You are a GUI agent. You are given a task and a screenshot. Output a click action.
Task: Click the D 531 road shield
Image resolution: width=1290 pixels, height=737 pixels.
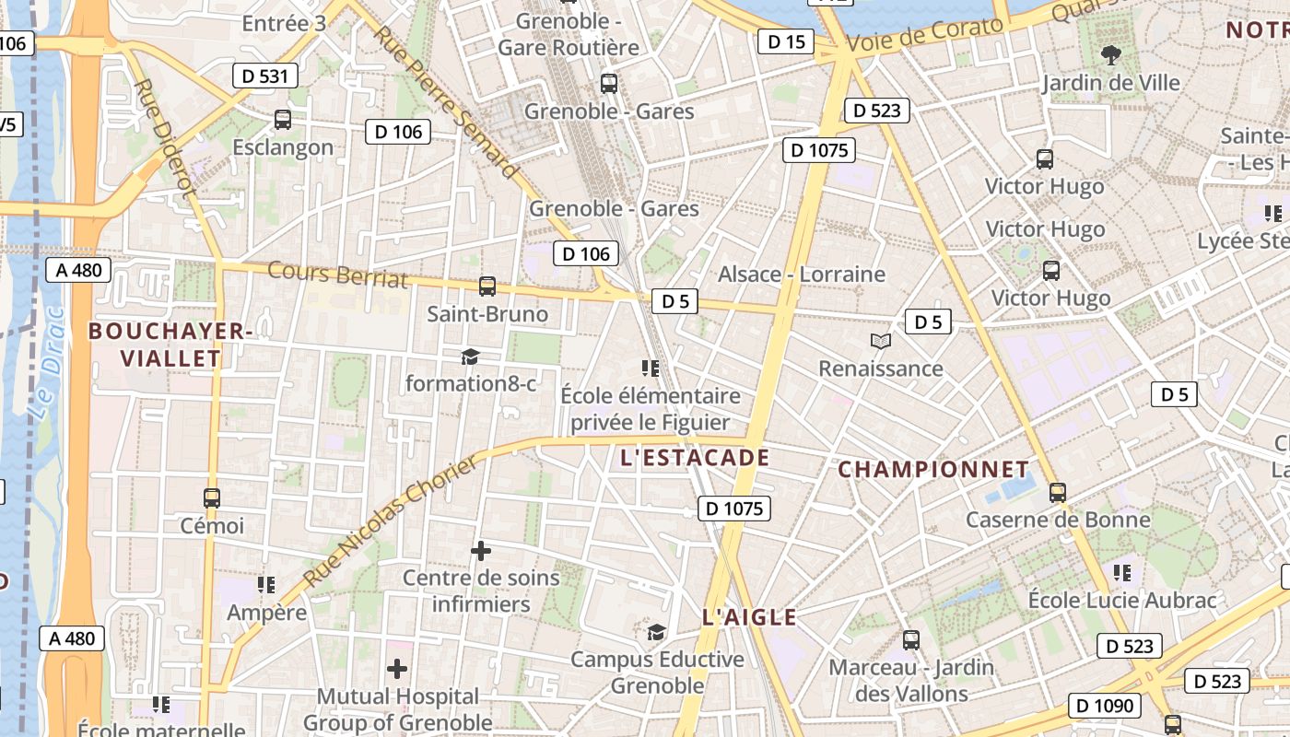[264, 76]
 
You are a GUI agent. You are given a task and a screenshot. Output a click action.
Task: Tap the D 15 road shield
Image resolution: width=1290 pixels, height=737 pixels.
[785, 41]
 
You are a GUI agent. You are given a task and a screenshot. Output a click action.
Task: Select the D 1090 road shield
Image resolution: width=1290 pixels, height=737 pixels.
[1104, 706]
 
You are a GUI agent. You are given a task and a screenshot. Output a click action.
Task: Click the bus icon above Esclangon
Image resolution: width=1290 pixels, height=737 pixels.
[283, 120]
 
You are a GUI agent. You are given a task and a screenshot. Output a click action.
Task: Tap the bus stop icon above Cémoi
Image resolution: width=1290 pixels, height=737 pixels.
[212, 498]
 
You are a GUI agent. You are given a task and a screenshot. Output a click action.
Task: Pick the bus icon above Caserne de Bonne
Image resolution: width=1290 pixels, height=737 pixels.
[1058, 493]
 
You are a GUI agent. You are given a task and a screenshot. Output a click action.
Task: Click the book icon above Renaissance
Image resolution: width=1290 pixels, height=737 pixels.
[881, 342]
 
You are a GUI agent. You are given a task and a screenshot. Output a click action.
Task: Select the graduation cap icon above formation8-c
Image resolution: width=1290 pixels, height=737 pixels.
[471, 357]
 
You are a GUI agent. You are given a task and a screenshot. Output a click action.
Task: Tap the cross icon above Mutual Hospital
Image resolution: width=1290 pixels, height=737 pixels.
[397, 668]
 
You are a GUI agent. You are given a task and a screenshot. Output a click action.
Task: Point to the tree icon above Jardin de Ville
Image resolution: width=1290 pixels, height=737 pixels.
[1111, 55]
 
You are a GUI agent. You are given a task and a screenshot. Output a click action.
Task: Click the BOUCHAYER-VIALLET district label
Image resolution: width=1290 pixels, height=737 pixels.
[168, 345]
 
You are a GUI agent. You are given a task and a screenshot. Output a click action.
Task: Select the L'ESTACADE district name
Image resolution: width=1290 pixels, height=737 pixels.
[695, 458]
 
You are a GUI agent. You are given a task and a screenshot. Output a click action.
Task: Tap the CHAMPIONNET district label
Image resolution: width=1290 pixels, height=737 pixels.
[932, 470]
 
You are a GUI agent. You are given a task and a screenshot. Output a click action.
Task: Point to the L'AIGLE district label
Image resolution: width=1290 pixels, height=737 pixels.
[749, 617]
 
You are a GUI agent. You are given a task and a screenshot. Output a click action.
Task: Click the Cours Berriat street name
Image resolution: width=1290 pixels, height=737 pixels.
[337, 275]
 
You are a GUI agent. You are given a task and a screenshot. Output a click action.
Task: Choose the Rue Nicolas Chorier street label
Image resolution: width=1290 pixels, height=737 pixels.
[392, 521]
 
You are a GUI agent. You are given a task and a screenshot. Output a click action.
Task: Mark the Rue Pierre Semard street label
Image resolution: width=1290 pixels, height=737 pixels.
[445, 101]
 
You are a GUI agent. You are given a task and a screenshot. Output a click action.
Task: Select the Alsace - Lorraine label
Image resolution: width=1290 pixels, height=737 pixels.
[801, 275]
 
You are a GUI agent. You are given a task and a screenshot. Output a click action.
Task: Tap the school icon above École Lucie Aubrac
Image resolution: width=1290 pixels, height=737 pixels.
[1122, 573]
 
